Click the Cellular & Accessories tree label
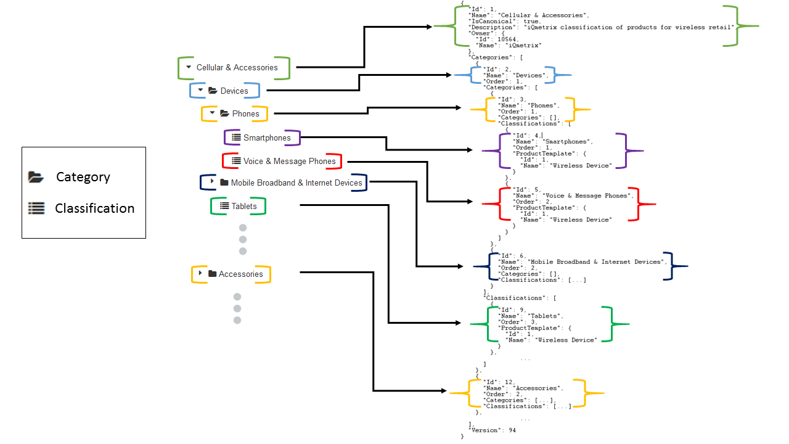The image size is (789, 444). click(237, 68)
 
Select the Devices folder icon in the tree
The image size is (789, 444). click(213, 91)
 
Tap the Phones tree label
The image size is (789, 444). click(245, 113)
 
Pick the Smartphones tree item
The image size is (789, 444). click(267, 138)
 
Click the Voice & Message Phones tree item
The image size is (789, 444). click(289, 161)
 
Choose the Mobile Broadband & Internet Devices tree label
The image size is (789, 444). click(296, 183)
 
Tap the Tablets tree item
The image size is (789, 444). click(244, 206)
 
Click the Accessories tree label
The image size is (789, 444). click(240, 274)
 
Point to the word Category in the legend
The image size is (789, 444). click(83, 177)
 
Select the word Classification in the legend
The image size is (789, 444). click(94, 208)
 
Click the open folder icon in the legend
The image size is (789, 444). click(36, 177)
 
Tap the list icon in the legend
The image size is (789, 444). click(36, 208)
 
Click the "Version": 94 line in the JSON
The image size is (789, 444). click(493, 430)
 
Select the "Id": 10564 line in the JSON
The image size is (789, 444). click(499, 39)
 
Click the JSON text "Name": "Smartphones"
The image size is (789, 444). click(552, 141)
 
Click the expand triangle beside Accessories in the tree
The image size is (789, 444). click(200, 273)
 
